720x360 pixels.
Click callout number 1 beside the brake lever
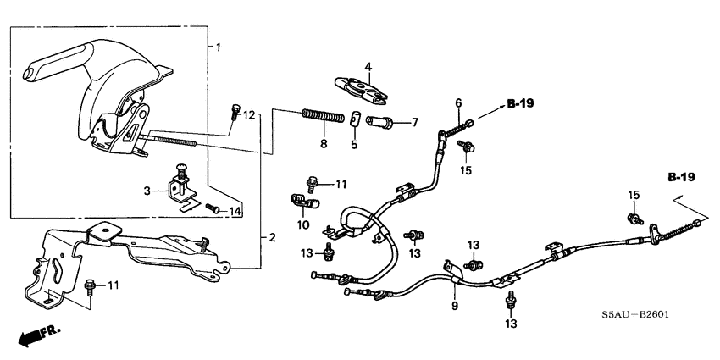coord(219,47)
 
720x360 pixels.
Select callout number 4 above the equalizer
coord(368,66)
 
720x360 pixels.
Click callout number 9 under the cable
coord(455,306)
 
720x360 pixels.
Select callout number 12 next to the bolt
coord(248,115)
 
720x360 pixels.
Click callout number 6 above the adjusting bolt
coord(458,103)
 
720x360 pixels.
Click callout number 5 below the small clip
coord(354,145)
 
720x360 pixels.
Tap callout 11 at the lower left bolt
coord(111,285)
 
